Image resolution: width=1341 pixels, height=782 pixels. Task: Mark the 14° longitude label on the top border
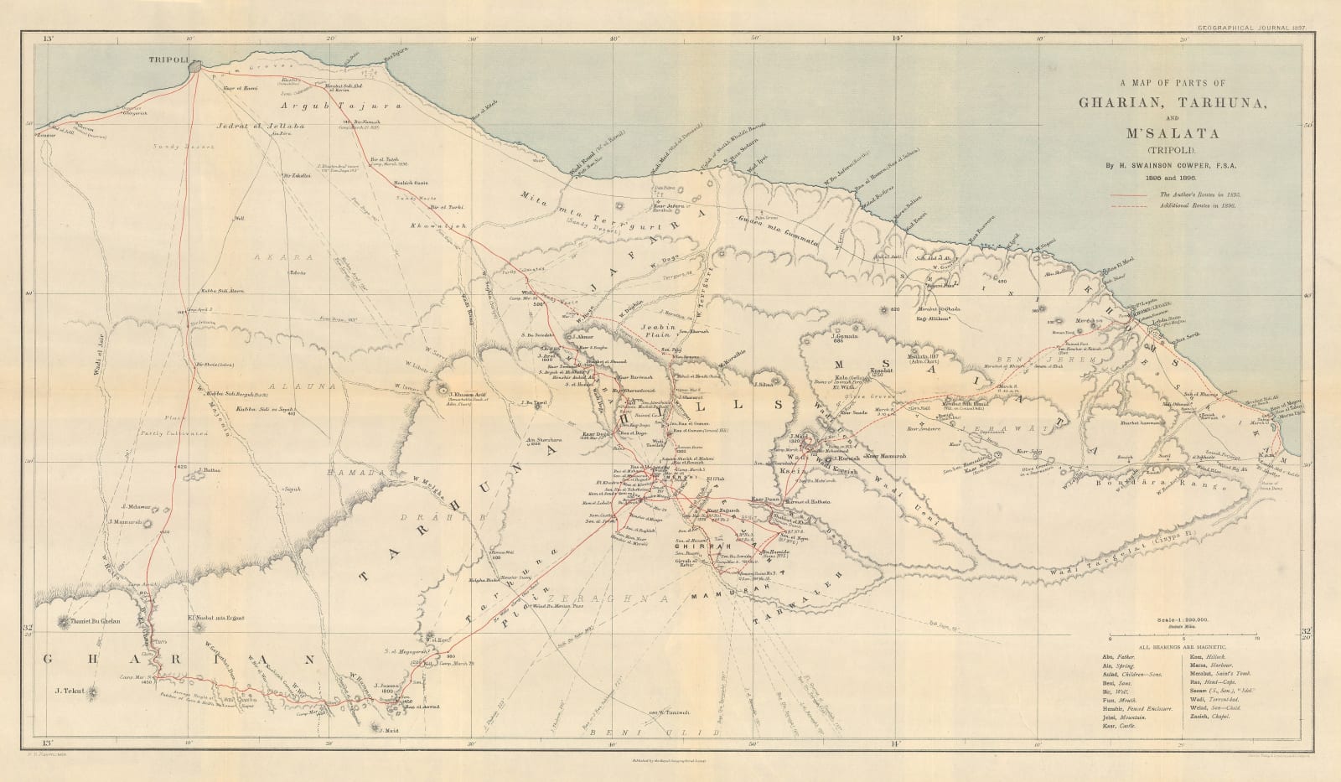(x=896, y=38)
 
